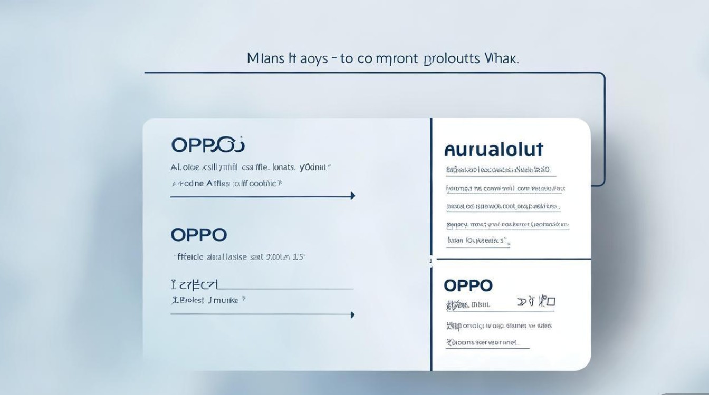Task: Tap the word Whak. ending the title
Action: (x=501, y=58)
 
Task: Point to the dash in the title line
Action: (x=333, y=59)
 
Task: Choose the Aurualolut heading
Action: (x=494, y=150)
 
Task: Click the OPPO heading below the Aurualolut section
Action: (x=468, y=286)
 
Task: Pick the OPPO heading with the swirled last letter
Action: (x=208, y=145)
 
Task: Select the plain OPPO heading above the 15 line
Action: (x=199, y=235)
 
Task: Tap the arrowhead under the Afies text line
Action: (x=352, y=196)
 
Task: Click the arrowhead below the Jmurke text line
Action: (x=352, y=315)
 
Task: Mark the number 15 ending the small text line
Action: (x=299, y=258)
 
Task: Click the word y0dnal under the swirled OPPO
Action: (x=315, y=168)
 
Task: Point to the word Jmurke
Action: (x=227, y=301)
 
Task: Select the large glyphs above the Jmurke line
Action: (x=194, y=285)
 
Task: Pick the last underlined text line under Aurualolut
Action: (x=478, y=241)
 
